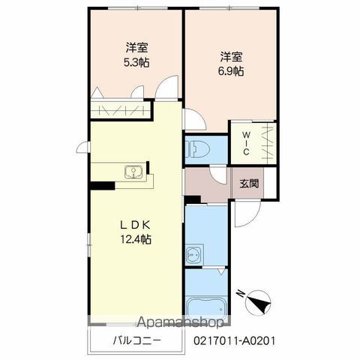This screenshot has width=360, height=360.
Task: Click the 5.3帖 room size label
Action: point(136,62)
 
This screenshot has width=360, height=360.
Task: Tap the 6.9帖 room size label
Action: point(231,71)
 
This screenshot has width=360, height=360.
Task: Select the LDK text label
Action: point(135,226)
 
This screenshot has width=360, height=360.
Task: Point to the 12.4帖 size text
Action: point(136,239)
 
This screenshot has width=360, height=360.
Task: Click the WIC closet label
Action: point(246,143)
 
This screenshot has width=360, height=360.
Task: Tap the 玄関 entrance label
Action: point(249,184)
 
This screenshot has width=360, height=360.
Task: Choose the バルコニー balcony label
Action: point(137,340)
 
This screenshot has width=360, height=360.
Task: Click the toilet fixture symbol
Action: point(197,150)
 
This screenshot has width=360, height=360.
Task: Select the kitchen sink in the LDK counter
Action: point(133,172)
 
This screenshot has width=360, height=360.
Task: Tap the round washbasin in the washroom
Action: point(193,255)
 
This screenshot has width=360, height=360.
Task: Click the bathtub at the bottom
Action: point(206,308)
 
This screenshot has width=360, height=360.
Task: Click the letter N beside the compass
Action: point(241,293)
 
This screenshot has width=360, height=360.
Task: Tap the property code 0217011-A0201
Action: point(235,340)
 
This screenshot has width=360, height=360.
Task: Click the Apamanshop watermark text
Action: point(180,322)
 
